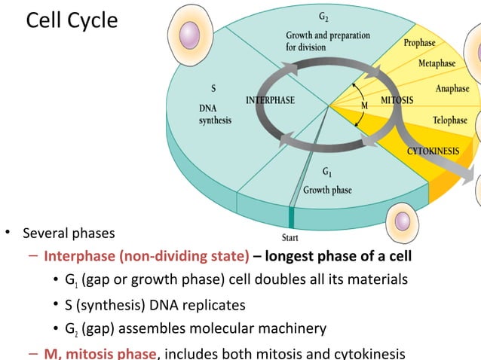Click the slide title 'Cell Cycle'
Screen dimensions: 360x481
72,20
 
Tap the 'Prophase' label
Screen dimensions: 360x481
419,43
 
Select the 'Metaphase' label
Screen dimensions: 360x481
437,63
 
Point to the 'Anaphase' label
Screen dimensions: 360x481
452,89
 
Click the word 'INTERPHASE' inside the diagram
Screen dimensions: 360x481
271,100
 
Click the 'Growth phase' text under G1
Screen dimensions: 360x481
327,190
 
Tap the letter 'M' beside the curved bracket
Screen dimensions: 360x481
364,105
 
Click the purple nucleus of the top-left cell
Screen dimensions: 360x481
188,35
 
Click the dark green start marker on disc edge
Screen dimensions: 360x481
291,218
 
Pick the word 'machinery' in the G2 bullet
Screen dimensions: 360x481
293,329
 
